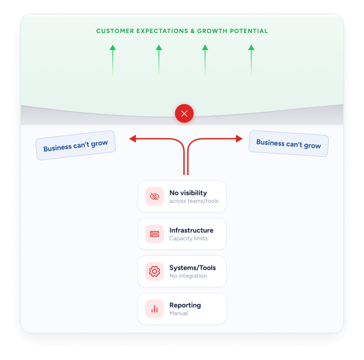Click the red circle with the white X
(184, 113)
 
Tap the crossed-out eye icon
(155, 197)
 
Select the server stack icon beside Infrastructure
(155, 234)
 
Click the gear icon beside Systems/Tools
(155, 271)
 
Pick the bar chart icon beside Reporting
(155, 309)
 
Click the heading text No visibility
(188, 193)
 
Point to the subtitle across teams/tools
(194, 201)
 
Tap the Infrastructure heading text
(191, 230)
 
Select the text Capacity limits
(188, 238)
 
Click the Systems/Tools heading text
(192, 268)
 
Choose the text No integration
(188, 276)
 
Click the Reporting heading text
(185, 305)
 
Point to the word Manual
(179, 313)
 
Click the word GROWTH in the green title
(212, 31)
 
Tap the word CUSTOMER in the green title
(115, 31)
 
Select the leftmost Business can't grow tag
(75, 145)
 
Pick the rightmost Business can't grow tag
(289, 144)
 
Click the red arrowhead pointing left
(133, 139)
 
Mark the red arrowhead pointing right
(239, 139)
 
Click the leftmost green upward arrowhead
(113, 48)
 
